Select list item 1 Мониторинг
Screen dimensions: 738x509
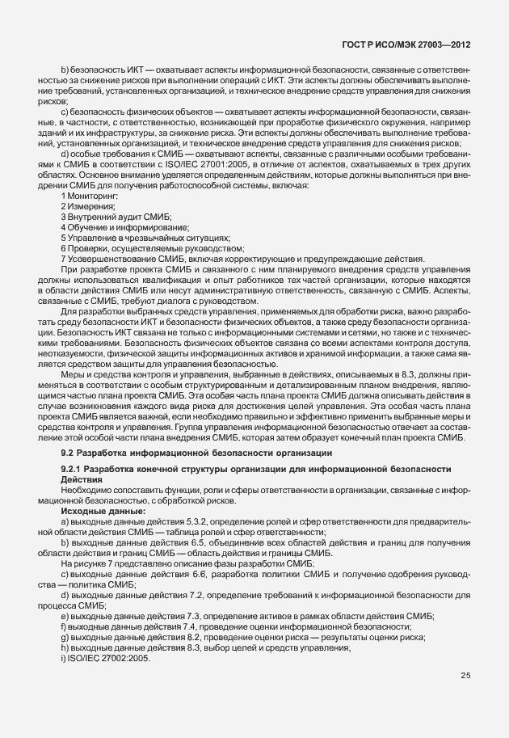tap(90, 196)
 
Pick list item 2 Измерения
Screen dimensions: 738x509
tap(87, 207)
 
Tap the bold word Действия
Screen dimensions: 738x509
tap(82, 479)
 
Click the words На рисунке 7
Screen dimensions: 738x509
tap(91, 563)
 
